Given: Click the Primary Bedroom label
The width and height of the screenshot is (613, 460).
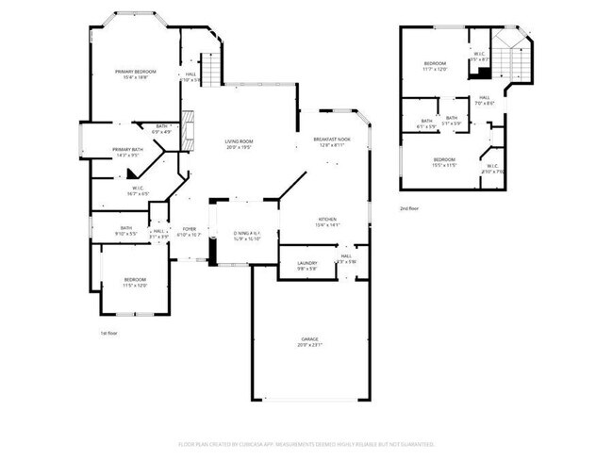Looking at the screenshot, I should tap(135, 74).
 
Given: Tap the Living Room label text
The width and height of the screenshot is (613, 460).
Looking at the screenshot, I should tap(239, 144).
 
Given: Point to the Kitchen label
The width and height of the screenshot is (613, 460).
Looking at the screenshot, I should tap(327, 222).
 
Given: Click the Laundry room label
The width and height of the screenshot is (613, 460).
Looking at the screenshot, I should tap(306, 265).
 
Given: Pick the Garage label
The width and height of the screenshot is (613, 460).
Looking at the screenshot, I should tap(309, 341).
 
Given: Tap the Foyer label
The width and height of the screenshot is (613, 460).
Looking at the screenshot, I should tap(190, 231).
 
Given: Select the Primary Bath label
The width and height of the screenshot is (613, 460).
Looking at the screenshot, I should tap(127, 152).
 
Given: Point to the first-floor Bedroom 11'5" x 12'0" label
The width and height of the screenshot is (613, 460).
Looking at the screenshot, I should tap(135, 282).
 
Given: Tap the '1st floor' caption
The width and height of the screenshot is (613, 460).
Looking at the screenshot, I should tap(108, 333).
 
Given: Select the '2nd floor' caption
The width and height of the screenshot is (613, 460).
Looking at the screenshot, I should tap(408, 207).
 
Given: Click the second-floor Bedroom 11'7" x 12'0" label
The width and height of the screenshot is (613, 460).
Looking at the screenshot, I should tap(440, 66).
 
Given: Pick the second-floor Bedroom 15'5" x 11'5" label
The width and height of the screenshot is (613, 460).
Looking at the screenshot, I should tap(444, 162).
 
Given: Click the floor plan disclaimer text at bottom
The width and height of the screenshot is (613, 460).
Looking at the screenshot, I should tap(306, 443).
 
